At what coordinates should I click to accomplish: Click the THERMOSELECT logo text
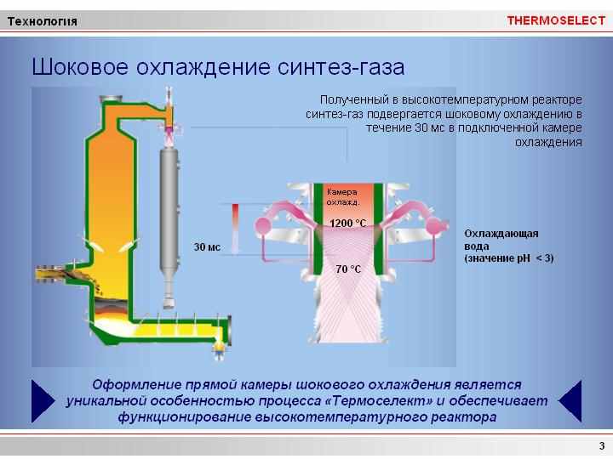pyautogui.click(x=556, y=20)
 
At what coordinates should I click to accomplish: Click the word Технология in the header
pyautogui.click(x=43, y=21)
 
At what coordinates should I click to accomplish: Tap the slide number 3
pyautogui.click(x=602, y=445)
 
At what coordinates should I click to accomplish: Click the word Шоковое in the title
pyautogui.click(x=80, y=67)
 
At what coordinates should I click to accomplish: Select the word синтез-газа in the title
pyautogui.click(x=341, y=67)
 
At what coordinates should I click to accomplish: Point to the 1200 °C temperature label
pyautogui.click(x=348, y=224)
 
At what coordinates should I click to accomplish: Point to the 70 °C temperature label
pyautogui.click(x=348, y=269)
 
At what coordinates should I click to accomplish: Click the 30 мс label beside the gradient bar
pyautogui.click(x=207, y=247)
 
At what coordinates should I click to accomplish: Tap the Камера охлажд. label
pyautogui.click(x=343, y=197)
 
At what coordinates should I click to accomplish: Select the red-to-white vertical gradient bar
pyautogui.click(x=235, y=229)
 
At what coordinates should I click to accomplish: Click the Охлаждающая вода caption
pyautogui.click(x=501, y=240)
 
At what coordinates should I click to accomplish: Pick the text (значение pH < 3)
pyautogui.click(x=508, y=258)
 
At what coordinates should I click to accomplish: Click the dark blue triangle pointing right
pyautogui.click(x=43, y=401)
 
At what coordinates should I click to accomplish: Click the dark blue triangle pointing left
pyautogui.click(x=570, y=401)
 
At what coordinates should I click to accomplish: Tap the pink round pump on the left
pyautogui.click(x=262, y=225)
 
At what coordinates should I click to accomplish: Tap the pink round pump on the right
pyautogui.click(x=434, y=225)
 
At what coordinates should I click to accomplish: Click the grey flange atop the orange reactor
pyautogui.click(x=111, y=99)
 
